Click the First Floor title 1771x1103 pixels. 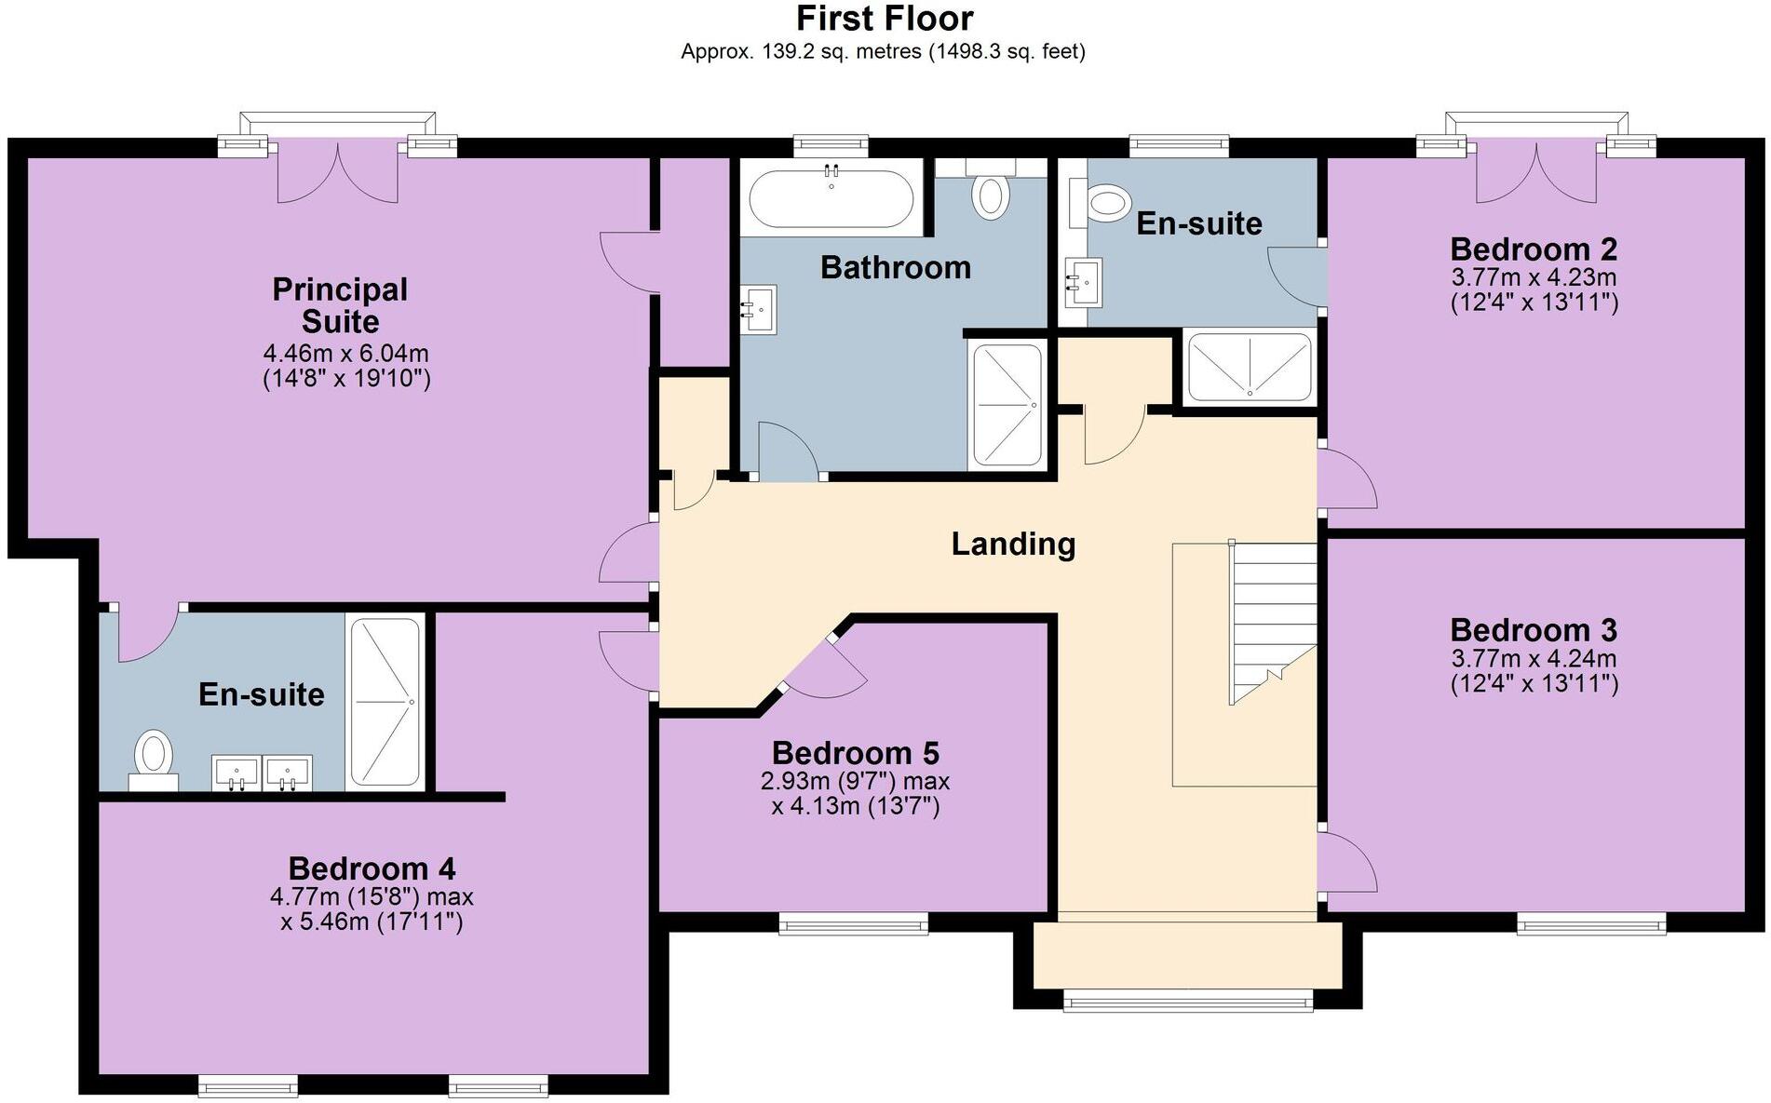tap(885, 19)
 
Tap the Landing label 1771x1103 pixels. tap(1013, 544)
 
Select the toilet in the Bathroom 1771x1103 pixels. tap(991, 196)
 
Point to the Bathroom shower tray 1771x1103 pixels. tap(1007, 405)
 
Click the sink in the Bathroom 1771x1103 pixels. tap(760, 308)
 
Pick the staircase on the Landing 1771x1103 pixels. tap(1271, 622)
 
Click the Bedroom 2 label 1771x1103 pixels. tap(1534, 249)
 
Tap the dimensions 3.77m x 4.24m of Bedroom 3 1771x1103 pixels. tap(1534, 659)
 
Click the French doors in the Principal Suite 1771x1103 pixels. tap(338, 173)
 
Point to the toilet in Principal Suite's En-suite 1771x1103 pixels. tap(154, 757)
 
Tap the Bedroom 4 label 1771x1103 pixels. tap(372, 868)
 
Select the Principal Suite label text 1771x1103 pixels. tap(340, 305)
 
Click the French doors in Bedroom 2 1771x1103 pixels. tap(1535, 173)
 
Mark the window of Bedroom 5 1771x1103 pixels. tap(853, 923)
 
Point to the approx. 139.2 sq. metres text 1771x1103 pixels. tap(883, 52)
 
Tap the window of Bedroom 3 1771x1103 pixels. tap(1590, 923)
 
